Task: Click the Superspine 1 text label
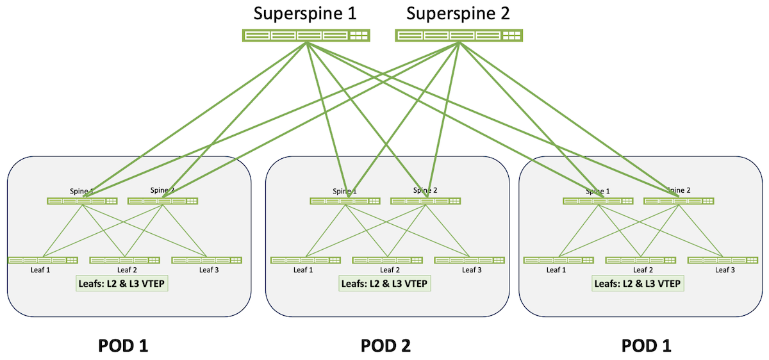pyautogui.click(x=306, y=13)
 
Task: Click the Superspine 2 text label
pyautogui.click(x=458, y=13)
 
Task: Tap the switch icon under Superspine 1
pyautogui.click(x=306, y=36)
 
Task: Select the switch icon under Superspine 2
pyautogui.click(x=458, y=36)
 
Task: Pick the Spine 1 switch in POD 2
pyautogui.click(x=345, y=201)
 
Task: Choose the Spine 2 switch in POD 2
pyautogui.click(x=426, y=201)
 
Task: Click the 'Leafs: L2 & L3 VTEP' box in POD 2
pyautogui.click(x=384, y=282)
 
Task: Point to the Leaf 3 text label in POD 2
pyautogui.click(x=472, y=270)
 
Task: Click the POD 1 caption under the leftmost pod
pyautogui.click(x=123, y=346)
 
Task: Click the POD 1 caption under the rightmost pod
pyautogui.click(x=647, y=346)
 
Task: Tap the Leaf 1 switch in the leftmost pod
pyautogui.click(x=43, y=260)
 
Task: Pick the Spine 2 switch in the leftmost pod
pyautogui.click(x=163, y=201)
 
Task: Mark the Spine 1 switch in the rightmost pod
pyautogui.click(x=598, y=201)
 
